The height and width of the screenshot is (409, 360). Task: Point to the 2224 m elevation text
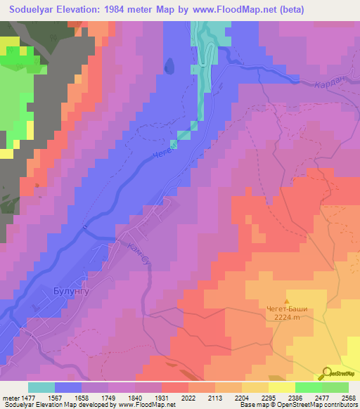pos(286,316)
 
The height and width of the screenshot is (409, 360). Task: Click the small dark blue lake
pos(169,65)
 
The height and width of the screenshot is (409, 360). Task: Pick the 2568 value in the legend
pos(347,397)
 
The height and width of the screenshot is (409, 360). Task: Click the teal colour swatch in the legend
pos(41,387)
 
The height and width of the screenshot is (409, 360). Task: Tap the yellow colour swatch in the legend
pos(281,387)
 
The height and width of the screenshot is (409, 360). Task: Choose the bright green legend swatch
pos(309,387)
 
